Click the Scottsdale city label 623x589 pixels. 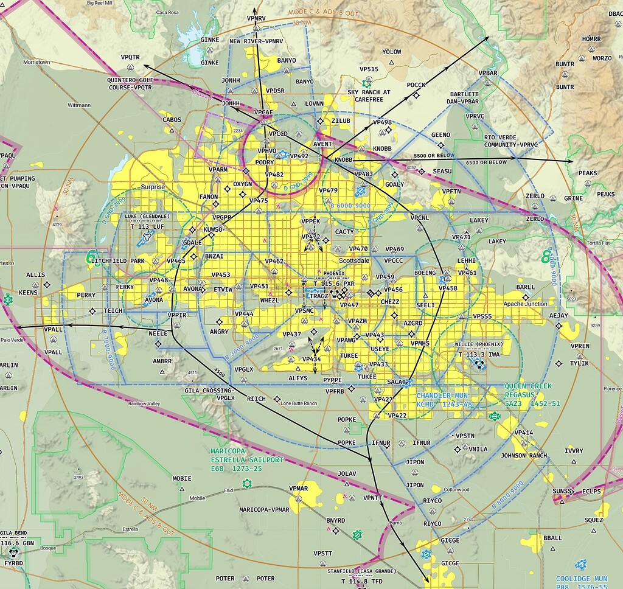[x=353, y=260]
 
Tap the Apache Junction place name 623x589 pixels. [x=526, y=304]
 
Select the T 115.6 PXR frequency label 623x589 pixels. [x=333, y=284]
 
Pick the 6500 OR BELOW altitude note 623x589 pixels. [x=486, y=162]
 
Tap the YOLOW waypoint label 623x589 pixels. [x=392, y=52]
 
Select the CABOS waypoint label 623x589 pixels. [x=172, y=120]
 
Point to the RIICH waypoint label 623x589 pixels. [x=257, y=399]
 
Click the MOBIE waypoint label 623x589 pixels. [x=182, y=478]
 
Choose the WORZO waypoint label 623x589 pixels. [x=602, y=58]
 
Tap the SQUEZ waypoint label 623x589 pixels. [x=593, y=520]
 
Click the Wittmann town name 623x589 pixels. [x=79, y=105]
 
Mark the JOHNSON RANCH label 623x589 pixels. [x=524, y=455]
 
